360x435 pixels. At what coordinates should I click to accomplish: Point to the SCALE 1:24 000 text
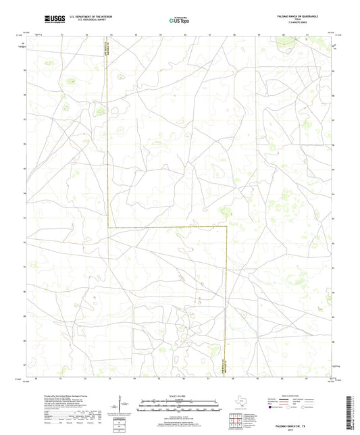180,396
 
